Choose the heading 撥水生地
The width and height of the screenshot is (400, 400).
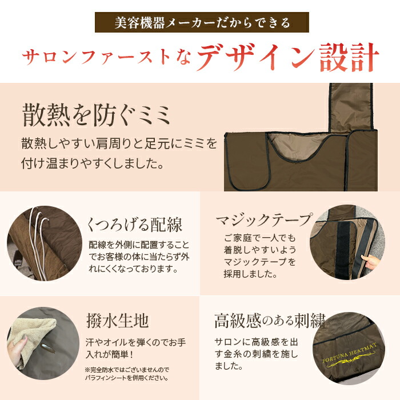click(117, 321)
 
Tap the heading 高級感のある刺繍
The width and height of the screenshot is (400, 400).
click(268, 319)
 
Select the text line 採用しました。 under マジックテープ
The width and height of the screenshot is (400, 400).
click(252, 274)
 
